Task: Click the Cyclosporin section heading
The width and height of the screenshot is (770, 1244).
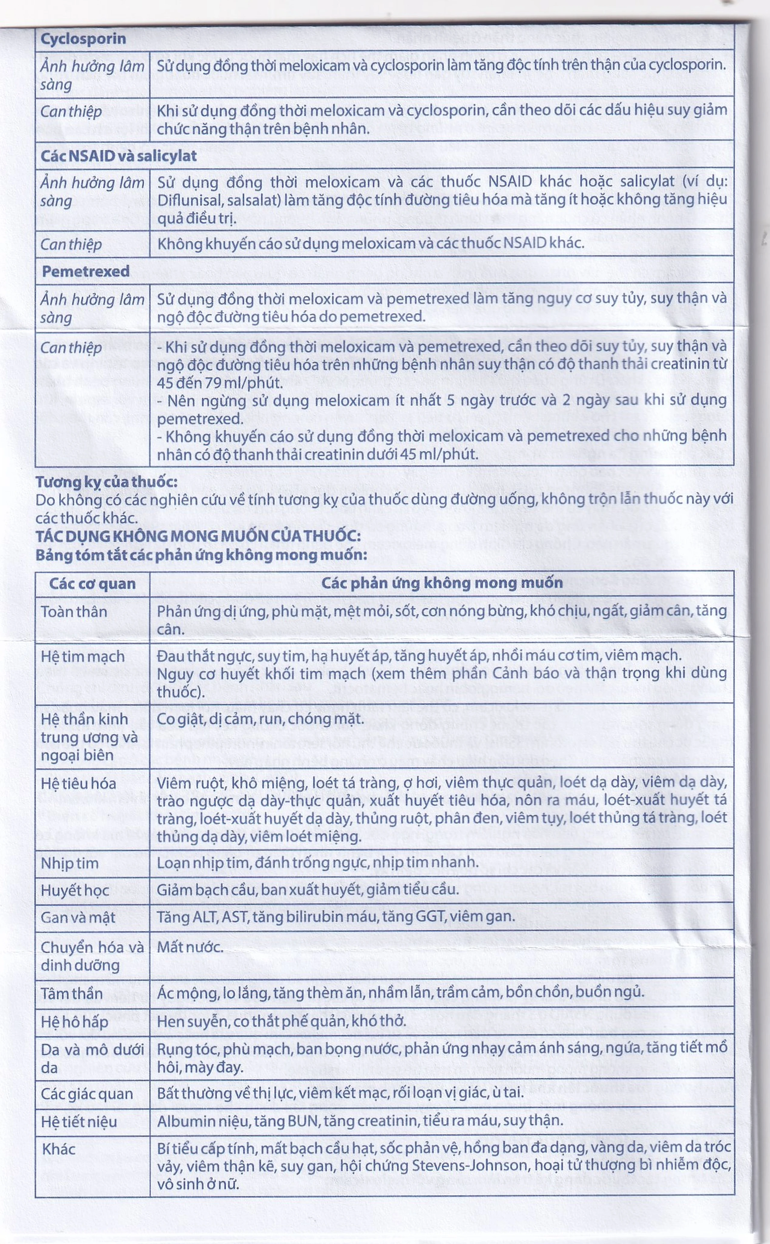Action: coord(83,39)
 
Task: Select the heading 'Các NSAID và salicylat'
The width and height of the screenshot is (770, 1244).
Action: coord(119,156)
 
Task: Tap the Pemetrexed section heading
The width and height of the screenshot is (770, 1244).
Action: coord(85,271)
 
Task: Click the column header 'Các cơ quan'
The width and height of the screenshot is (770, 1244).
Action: coord(92,584)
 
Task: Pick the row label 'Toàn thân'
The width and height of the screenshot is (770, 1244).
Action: coord(74,612)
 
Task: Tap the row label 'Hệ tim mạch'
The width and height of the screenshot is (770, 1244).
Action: coord(82,656)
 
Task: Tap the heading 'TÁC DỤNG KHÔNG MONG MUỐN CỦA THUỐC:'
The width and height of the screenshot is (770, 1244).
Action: coord(198,536)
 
